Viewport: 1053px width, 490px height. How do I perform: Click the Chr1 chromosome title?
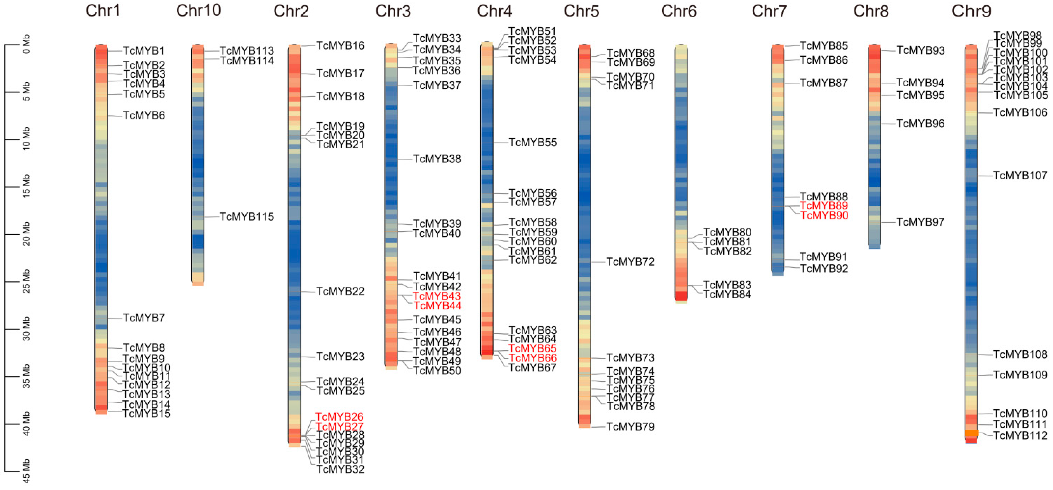[x=103, y=11]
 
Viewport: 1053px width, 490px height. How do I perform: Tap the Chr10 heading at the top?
[x=199, y=11]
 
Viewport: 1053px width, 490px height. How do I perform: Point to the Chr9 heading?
[x=971, y=11]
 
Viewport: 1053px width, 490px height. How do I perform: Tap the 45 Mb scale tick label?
[x=26, y=472]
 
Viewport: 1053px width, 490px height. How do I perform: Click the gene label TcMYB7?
[x=144, y=318]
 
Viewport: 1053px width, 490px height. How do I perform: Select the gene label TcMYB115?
[x=247, y=216]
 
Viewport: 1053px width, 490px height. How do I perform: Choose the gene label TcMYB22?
[x=340, y=291]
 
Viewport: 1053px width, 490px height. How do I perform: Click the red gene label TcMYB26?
[x=339, y=417]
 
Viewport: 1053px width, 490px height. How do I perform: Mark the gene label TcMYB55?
[x=533, y=142]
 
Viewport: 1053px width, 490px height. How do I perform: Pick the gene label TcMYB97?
[x=920, y=222]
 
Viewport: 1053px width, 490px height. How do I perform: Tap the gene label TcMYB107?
[x=1020, y=175]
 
